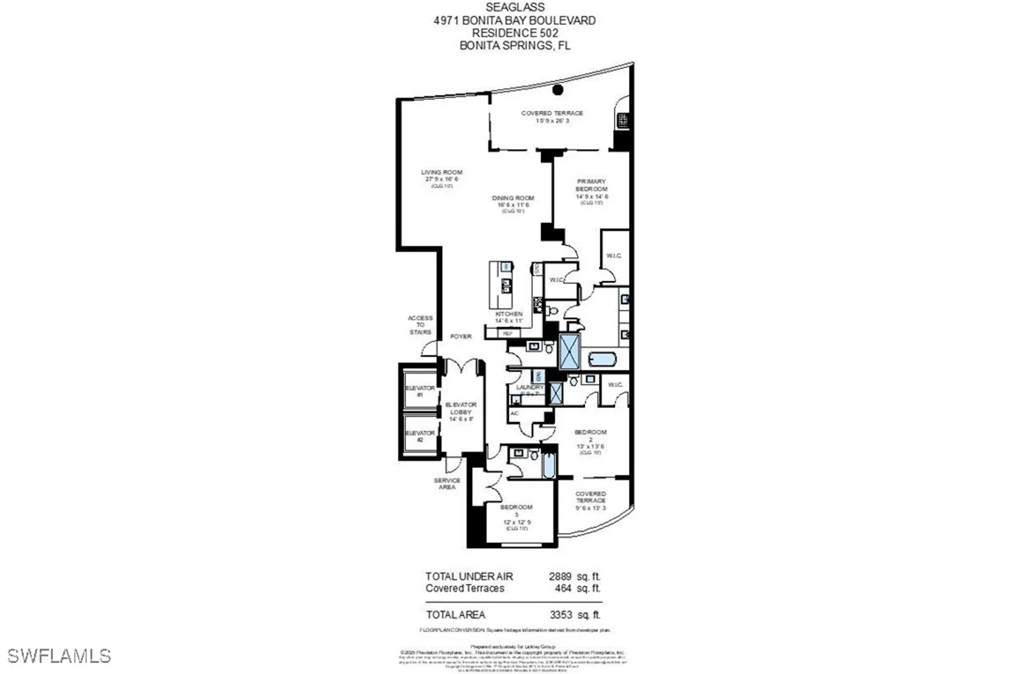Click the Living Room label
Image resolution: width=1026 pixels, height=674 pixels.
pos(442,172)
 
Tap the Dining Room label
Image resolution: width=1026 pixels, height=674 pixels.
pos(513,198)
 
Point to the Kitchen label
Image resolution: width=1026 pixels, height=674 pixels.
pos(509,314)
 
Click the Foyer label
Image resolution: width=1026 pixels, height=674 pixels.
pos(461,336)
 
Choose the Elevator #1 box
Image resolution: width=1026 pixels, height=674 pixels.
pos(420,391)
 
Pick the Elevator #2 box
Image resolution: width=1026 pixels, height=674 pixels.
pos(420,436)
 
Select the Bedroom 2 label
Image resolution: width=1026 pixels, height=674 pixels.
pos(590,435)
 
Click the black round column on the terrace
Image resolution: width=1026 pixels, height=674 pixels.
pos(558,90)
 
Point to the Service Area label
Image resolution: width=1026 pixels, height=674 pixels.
pos(447,484)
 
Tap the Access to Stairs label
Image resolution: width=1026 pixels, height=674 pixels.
pos(420,325)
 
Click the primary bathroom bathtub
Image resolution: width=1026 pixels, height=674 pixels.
pos(602,359)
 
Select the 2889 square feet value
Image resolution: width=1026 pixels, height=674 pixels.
pos(560,577)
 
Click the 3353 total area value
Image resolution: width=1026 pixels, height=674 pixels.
pos(561,614)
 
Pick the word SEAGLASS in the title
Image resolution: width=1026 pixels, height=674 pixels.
pos(515,8)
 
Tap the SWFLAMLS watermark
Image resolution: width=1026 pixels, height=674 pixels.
pos(59,656)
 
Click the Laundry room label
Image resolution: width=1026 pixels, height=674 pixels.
pos(530,388)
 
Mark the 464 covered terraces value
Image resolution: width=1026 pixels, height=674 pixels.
pos(563,588)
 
